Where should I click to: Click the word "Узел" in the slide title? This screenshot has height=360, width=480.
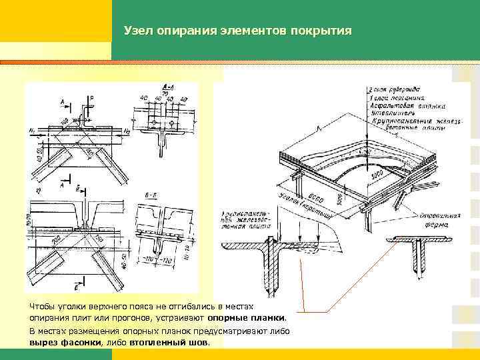point(139,31)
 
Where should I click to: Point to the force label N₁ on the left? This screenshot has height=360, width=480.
point(33,129)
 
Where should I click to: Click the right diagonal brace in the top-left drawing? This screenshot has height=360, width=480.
point(114,163)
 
